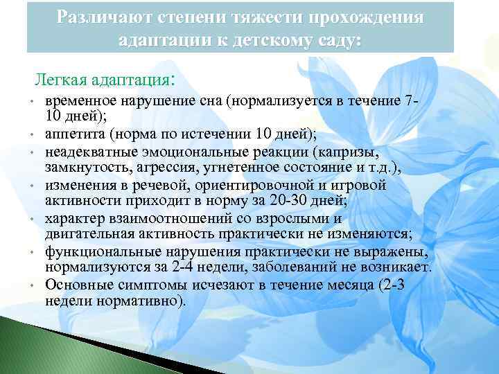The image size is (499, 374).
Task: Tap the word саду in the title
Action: [337, 40]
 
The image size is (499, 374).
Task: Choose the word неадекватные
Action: [87, 150]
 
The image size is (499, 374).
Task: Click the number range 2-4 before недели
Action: [181, 267]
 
